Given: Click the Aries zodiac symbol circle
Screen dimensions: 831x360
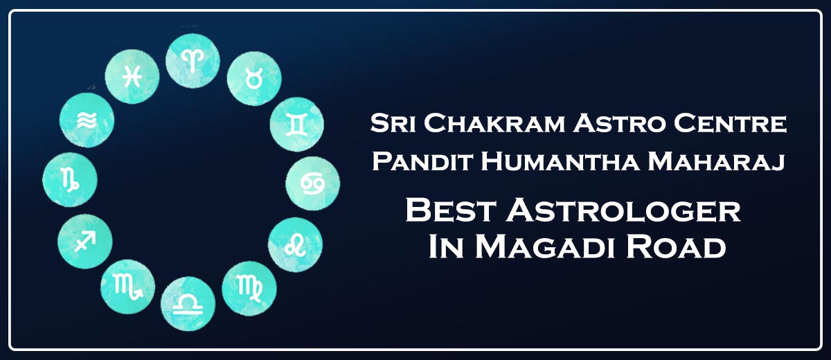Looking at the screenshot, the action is tap(193, 61).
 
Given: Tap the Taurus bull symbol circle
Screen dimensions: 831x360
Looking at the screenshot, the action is tap(254, 79).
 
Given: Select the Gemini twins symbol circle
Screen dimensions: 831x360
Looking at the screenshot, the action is tap(297, 125).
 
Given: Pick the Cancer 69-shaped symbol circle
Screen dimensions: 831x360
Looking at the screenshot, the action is tap(313, 183).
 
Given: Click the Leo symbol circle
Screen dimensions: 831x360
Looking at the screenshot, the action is tap(295, 244).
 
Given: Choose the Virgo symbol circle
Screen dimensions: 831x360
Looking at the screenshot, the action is tap(249, 289).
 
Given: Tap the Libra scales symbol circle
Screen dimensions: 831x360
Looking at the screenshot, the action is tap(188, 304).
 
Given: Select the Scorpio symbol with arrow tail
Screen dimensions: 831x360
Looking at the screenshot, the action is tap(128, 287).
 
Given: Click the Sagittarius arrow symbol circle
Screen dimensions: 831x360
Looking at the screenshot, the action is tap(85, 242).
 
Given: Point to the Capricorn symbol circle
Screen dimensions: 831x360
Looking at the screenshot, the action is tap(70, 180).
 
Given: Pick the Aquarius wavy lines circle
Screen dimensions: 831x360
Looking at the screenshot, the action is tap(87, 120).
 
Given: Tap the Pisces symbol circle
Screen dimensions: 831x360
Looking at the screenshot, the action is tap(132, 77).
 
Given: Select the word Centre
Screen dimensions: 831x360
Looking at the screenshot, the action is tap(730, 123).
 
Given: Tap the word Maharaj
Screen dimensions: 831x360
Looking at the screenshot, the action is tap(716, 162).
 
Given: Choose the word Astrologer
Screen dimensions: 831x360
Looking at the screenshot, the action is tap(624, 210).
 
